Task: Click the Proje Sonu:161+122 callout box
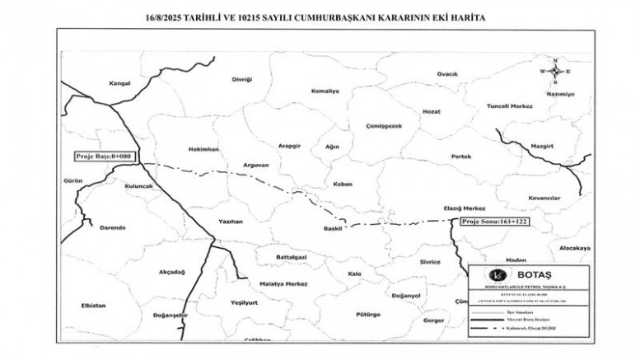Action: point(494,221)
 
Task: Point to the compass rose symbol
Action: point(556,72)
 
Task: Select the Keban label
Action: point(340,184)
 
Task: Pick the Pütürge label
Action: point(367,314)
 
